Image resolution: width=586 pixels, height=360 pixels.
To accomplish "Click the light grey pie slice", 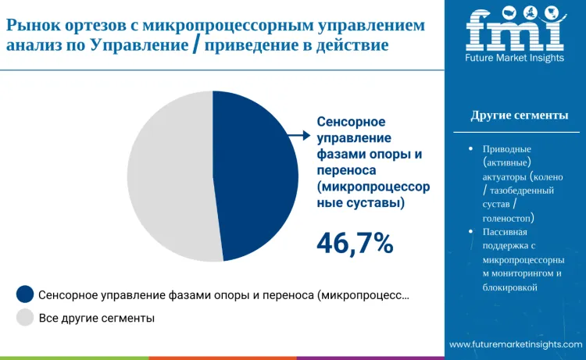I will point(168,176).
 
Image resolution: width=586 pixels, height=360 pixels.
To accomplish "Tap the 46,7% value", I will point(354,244).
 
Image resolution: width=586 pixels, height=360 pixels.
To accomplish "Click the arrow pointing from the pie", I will point(298,135).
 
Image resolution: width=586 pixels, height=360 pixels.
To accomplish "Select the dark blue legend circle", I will point(25,294).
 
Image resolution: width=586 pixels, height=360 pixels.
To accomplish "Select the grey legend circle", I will point(25,318).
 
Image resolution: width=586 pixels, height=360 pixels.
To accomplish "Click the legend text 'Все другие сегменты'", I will point(97,318).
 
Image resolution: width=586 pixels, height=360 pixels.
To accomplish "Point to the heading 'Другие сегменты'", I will point(519,116).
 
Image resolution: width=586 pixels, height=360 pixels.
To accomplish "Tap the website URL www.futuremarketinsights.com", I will point(515,344).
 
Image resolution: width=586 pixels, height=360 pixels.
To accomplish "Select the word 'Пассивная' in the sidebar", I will point(506,232).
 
